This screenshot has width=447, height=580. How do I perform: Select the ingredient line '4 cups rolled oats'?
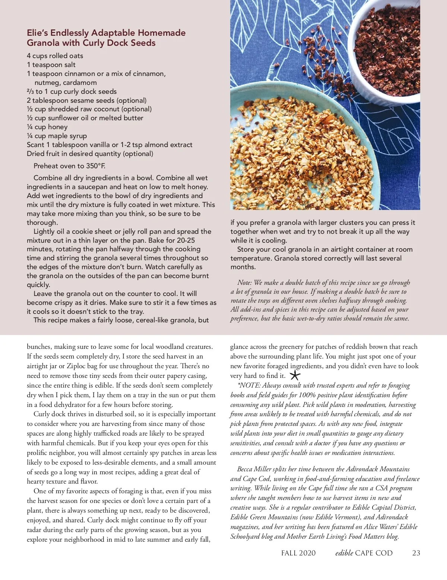pyautogui.click(x=55, y=56)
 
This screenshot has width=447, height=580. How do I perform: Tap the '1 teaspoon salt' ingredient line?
pyautogui.click(x=51, y=65)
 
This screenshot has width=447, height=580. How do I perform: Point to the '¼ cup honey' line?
pyautogui.click(x=47, y=127)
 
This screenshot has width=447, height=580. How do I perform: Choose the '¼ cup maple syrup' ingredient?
pyautogui.click(x=57, y=136)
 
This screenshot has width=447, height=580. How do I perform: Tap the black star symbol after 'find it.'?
pyautogui.click(x=295, y=375)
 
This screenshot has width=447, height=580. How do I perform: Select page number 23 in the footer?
pyautogui.click(x=416, y=553)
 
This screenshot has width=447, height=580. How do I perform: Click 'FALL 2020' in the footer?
pyautogui.click(x=298, y=553)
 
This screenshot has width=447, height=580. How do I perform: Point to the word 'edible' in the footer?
pyautogui.click(x=344, y=553)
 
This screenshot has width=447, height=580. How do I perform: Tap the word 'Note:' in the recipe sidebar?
pyautogui.click(x=244, y=283)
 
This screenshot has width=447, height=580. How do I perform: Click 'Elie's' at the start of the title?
pyautogui.click(x=37, y=33)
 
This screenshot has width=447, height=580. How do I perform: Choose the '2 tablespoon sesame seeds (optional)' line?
pyautogui.click(x=86, y=101)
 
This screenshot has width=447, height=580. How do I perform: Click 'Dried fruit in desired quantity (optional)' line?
pyautogui.click(x=90, y=154)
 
